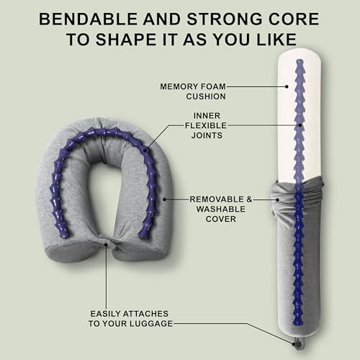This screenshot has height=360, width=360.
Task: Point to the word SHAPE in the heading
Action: point(146,40)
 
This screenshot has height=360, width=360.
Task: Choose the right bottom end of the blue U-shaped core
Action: point(145,233)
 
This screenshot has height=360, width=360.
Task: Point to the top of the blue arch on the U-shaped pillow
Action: point(104,131)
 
